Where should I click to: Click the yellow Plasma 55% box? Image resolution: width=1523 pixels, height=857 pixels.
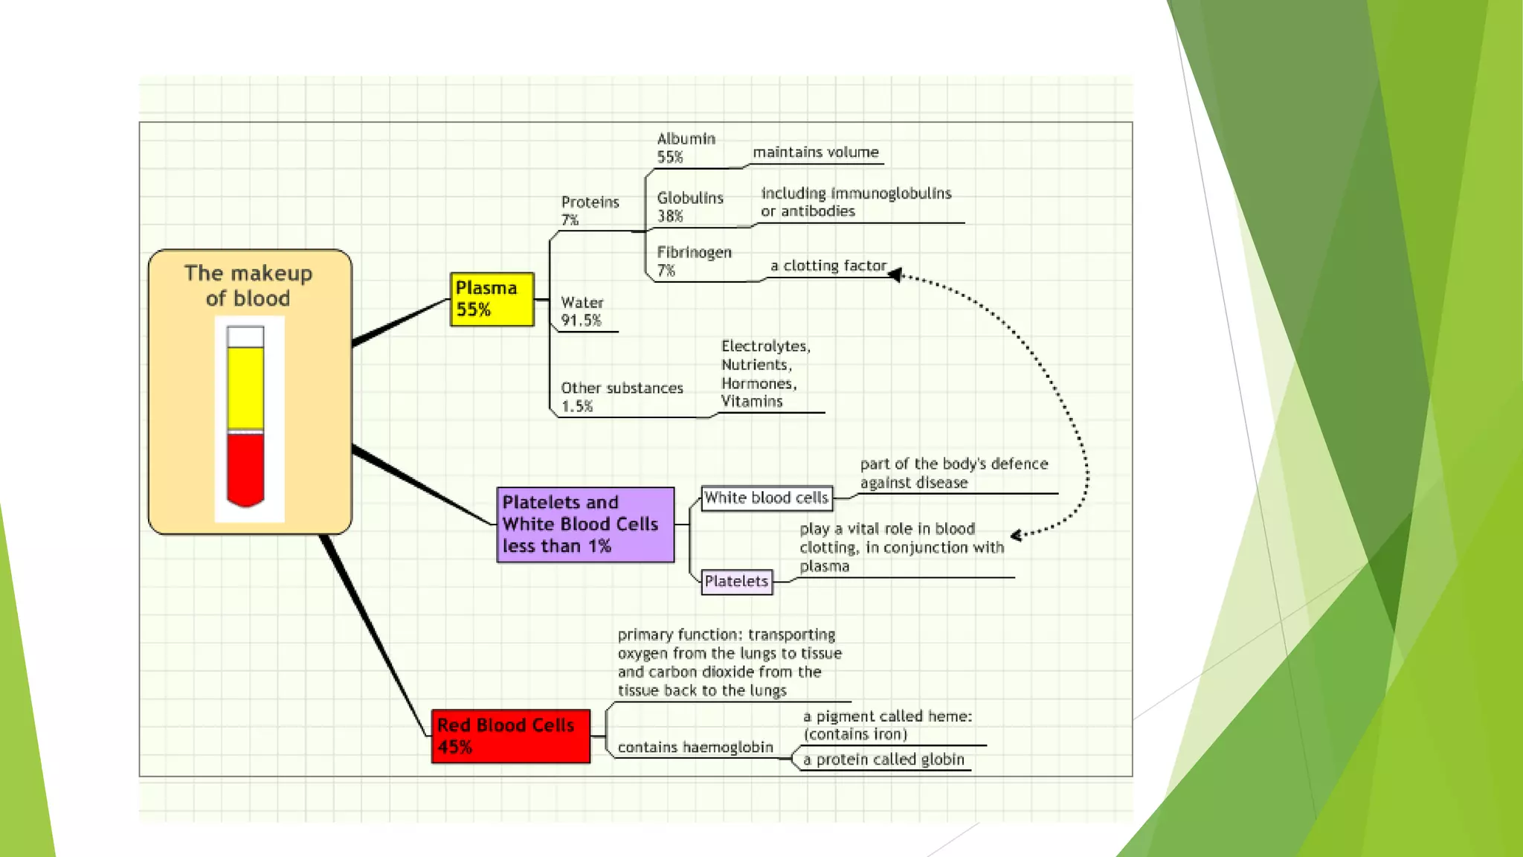[x=492, y=299]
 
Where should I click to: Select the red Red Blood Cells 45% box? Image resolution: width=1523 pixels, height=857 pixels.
[x=511, y=736]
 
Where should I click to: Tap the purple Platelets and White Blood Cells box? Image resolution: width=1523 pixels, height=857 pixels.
[x=585, y=524]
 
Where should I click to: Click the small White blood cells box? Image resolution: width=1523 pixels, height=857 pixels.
[x=767, y=498]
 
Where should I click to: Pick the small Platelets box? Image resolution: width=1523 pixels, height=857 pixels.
[x=737, y=581]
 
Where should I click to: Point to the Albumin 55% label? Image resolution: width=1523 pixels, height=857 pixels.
[x=686, y=147]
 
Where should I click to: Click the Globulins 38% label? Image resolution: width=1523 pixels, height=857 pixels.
[x=689, y=207]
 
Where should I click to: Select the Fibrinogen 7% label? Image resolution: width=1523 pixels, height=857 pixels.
[x=694, y=261]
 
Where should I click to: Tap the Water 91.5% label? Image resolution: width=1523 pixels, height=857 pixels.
[x=582, y=311]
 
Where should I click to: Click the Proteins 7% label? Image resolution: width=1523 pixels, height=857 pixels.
[x=590, y=211]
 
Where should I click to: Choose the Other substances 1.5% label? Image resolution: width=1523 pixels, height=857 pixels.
[x=622, y=397]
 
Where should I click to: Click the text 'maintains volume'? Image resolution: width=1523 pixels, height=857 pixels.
[x=816, y=152]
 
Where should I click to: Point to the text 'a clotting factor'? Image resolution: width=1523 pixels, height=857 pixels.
[x=828, y=266]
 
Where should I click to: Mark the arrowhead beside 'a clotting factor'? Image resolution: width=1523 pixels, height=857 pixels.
[x=895, y=275]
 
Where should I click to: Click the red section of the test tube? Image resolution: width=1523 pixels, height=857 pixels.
[x=245, y=469]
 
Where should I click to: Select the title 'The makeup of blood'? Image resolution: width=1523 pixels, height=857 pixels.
[x=248, y=286]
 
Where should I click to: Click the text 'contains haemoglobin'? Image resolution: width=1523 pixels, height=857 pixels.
[x=695, y=747]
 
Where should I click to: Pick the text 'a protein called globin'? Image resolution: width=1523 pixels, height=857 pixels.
[x=883, y=760]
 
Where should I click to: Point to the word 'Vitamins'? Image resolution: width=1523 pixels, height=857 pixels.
[x=752, y=402]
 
